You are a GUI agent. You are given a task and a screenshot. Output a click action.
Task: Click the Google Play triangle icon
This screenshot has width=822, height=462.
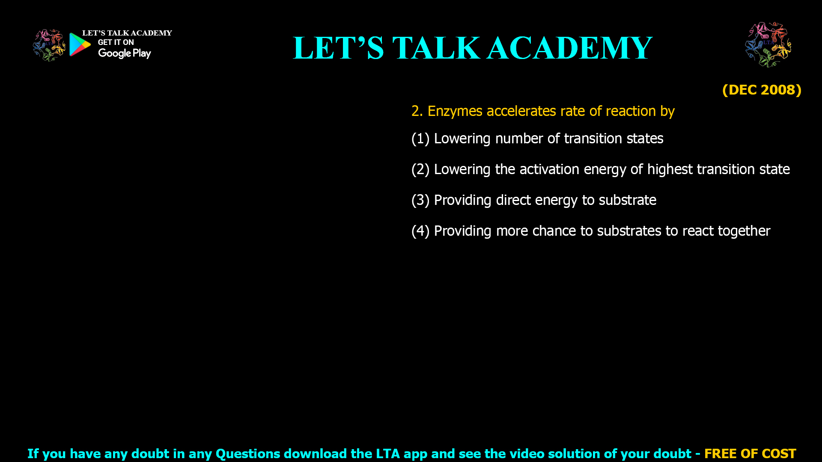pyautogui.click(x=80, y=44)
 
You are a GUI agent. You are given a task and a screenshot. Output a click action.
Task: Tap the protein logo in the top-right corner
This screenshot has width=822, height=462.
pyautogui.click(x=768, y=44)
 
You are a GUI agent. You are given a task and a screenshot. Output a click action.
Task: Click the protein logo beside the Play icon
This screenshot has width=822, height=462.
pyautogui.click(x=49, y=45)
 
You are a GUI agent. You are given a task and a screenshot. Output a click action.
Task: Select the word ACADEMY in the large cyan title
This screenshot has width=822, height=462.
pyautogui.click(x=569, y=48)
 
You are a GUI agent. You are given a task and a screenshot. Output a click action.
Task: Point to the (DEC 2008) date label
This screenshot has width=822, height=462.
pyautogui.click(x=762, y=90)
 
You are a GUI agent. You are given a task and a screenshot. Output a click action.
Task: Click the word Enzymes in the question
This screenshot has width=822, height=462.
pyautogui.click(x=455, y=111)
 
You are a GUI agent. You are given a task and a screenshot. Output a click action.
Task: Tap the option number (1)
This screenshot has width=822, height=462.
pyautogui.click(x=420, y=139)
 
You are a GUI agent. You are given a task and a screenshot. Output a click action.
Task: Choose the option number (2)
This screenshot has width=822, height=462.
pyautogui.click(x=420, y=169)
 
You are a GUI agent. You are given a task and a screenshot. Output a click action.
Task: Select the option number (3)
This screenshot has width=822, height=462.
pyautogui.click(x=420, y=200)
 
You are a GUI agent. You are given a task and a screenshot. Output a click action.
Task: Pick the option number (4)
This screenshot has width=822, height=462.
pyautogui.click(x=420, y=231)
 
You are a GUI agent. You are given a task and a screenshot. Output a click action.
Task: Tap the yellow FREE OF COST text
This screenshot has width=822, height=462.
pyautogui.click(x=750, y=453)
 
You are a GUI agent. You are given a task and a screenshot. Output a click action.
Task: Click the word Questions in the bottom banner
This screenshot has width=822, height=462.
pyautogui.click(x=247, y=453)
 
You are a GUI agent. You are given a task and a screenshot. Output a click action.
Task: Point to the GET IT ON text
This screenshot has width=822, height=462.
pyautogui.click(x=116, y=42)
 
